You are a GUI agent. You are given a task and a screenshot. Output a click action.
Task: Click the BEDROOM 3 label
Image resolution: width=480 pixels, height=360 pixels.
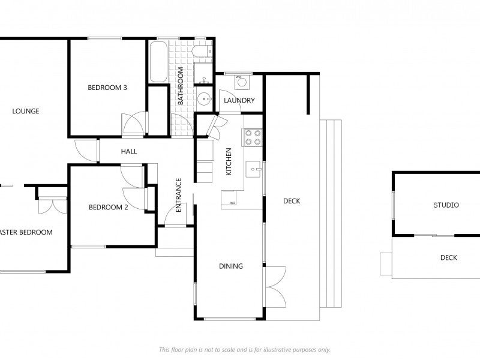point(107,88)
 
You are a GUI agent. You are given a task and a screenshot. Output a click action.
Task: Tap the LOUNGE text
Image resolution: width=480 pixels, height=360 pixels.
point(26,111)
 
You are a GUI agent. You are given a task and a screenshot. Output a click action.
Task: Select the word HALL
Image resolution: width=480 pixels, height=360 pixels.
point(129,152)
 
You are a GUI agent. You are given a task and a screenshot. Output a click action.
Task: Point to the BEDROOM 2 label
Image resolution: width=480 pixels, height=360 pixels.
point(109,208)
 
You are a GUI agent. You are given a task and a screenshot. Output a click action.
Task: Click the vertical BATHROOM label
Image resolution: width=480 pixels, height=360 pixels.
point(179,86)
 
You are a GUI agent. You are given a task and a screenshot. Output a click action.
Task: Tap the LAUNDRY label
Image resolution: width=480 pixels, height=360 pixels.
point(239,101)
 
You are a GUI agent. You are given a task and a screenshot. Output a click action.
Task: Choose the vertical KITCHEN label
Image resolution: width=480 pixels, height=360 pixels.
point(228,162)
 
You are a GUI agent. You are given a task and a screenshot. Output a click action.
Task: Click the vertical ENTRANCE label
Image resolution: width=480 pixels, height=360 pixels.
point(178,196)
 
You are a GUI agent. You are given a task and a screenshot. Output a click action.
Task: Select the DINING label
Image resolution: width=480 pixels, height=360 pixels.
point(231,266)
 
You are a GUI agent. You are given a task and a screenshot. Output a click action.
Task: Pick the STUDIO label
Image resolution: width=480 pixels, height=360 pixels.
point(446,205)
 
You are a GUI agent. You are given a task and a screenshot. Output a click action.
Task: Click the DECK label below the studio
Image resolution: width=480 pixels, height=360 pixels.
point(448,258)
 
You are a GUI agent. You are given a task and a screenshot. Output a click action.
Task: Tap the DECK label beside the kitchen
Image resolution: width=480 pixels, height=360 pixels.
point(292,201)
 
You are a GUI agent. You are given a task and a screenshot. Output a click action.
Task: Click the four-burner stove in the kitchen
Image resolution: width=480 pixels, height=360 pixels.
point(252,137)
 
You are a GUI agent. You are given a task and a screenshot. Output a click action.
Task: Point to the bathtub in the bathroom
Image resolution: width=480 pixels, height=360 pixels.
point(158,62)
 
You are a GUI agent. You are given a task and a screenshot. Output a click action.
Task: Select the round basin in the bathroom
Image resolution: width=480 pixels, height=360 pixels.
point(204,100)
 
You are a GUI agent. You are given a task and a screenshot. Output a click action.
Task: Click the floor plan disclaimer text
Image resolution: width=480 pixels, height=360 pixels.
point(245,349)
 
